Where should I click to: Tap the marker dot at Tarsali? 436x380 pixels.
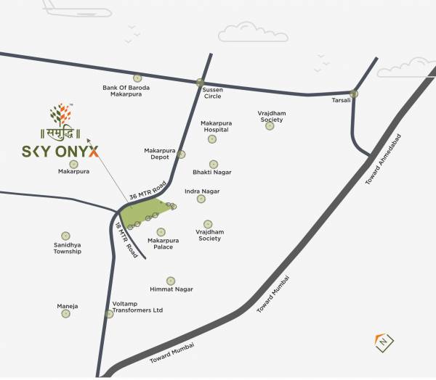click(354, 94)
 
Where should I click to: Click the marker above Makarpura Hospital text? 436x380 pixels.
click(212, 139)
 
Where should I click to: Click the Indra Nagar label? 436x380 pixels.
click(202, 191)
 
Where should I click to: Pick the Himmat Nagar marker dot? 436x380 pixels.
click(171, 281)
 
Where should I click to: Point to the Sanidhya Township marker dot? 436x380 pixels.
click(66, 236)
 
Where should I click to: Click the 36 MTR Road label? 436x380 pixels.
click(148, 190)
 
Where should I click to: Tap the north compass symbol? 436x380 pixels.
click(382, 341)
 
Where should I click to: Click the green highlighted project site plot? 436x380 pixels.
click(145, 213)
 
